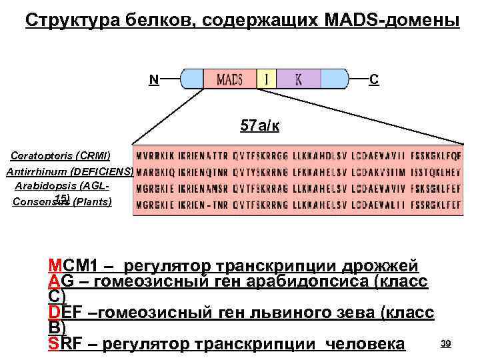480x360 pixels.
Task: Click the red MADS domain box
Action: pyautogui.click(x=229, y=79)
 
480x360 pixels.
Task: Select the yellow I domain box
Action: pyautogui.click(x=267, y=79)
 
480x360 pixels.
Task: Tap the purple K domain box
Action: pyautogui.click(x=299, y=79)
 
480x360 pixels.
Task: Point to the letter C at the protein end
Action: pyautogui.click(x=375, y=79)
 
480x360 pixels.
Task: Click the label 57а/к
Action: pyautogui.click(x=259, y=126)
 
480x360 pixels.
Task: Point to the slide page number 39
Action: pyautogui.click(x=447, y=343)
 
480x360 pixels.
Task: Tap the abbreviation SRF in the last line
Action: pyautogui.click(x=63, y=344)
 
